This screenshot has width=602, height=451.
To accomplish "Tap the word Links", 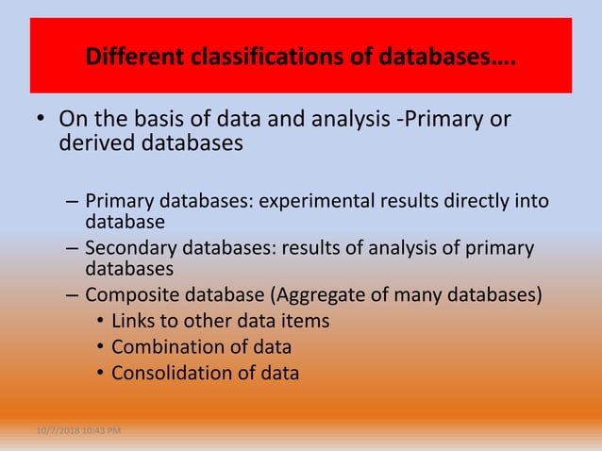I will (134, 322).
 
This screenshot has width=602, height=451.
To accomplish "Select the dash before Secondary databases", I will (73, 249).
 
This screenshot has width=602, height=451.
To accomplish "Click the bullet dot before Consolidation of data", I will (100, 373).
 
